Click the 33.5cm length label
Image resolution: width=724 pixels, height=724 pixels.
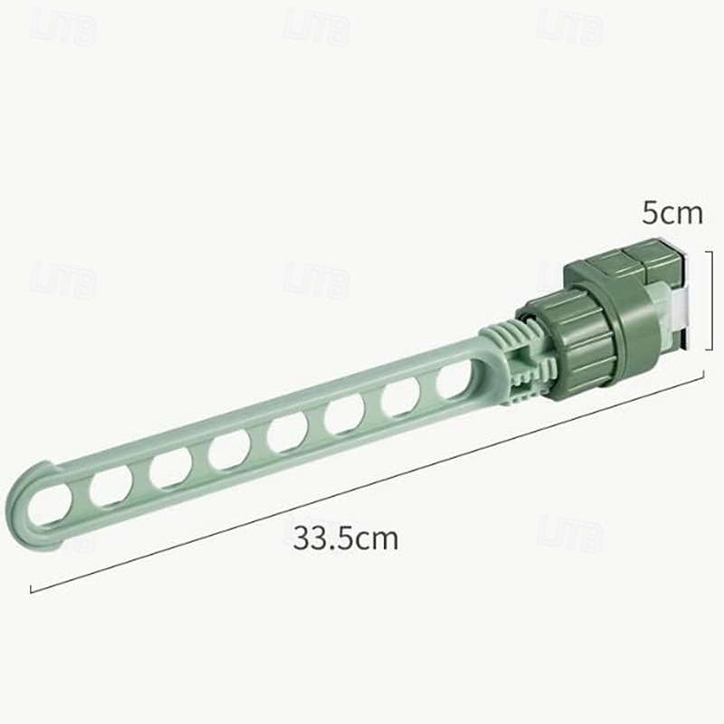point(346,538)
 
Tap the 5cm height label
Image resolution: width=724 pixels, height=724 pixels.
point(672,214)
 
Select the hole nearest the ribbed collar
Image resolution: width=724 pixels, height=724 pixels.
point(454,380)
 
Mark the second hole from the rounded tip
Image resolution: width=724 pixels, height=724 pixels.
point(110,486)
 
